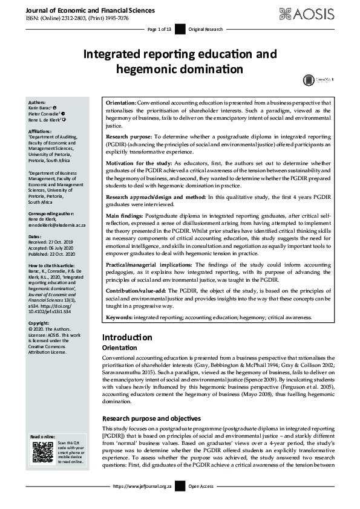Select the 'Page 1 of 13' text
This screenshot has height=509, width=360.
click(160, 29)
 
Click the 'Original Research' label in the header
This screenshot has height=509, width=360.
click(205, 29)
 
